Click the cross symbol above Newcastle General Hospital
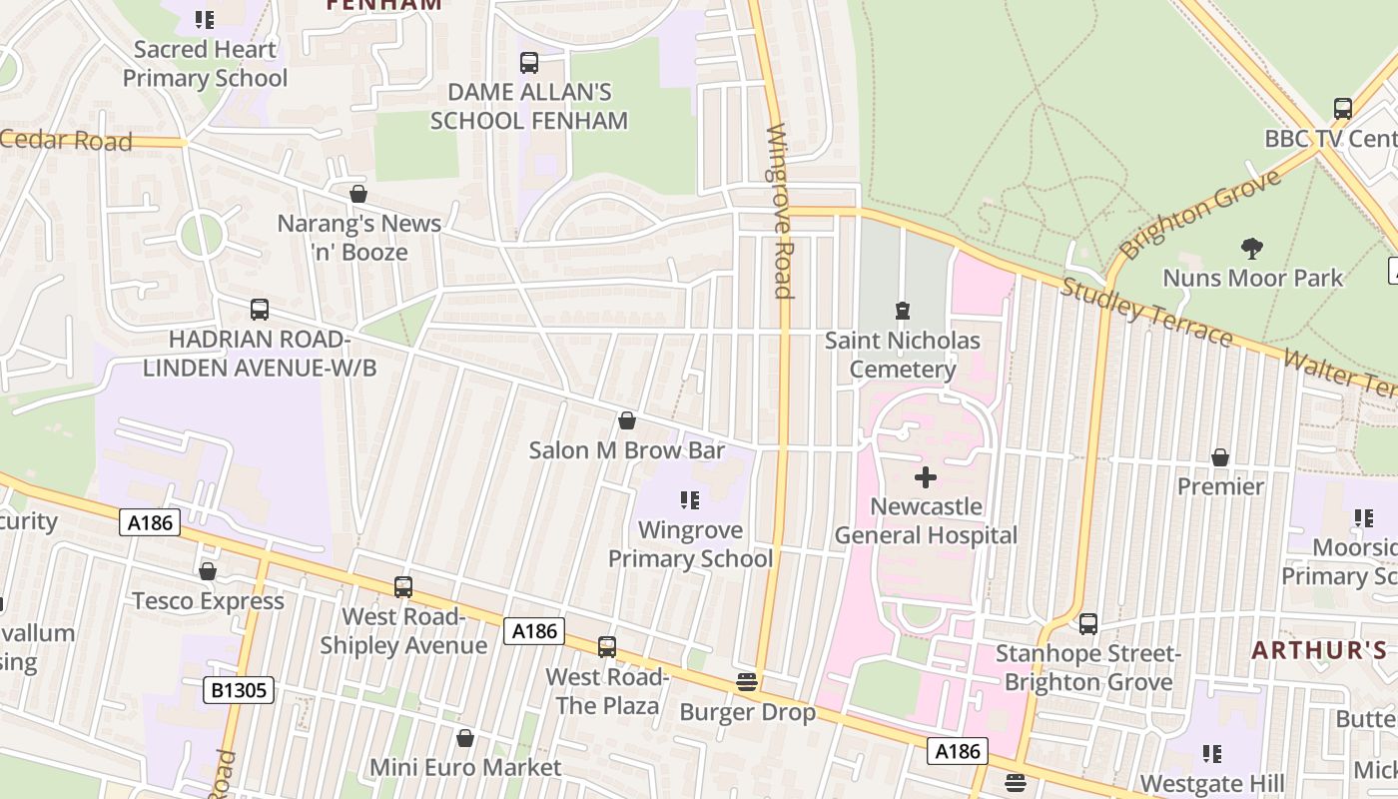tap(926, 477)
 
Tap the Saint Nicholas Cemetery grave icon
tap(903, 311)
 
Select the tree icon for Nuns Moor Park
tap(1252, 248)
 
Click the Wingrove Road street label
tap(779, 211)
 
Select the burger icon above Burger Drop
tap(747, 683)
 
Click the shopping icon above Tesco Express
tap(208, 571)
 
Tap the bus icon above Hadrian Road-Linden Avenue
tap(260, 310)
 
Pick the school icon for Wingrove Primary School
tap(689, 499)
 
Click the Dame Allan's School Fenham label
tap(528, 106)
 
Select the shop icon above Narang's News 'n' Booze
tap(358, 194)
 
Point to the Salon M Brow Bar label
tap(627, 450)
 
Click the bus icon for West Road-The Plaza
tap(607, 647)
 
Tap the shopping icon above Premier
tap(1220, 457)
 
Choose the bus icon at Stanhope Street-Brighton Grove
tap(1088, 624)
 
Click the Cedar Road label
tap(66, 140)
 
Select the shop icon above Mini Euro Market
tap(465, 738)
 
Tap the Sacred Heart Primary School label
tap(205, 63)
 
